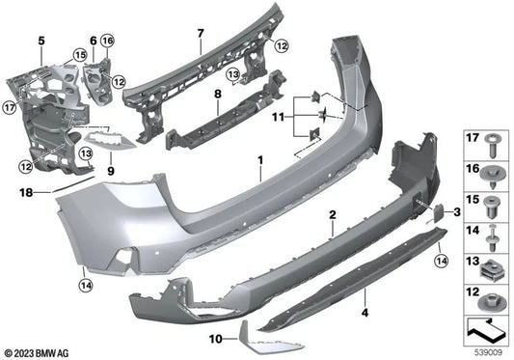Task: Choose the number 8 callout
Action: (218, 93)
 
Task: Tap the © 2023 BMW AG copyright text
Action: (38, 351)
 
